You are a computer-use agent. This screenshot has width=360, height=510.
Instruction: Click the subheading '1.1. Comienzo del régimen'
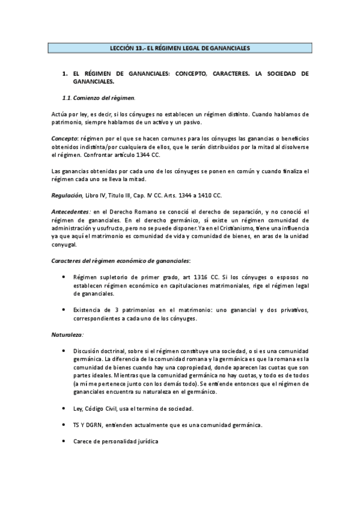tap(99, 97)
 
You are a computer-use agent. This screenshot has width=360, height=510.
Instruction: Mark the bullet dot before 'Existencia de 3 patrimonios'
tap(64, 310)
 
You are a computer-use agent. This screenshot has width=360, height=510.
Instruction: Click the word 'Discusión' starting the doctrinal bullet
tap(87, 351)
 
